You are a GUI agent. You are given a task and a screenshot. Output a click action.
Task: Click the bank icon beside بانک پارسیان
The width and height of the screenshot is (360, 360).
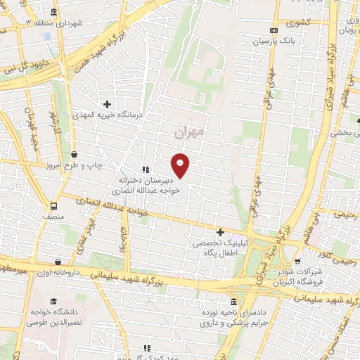273,30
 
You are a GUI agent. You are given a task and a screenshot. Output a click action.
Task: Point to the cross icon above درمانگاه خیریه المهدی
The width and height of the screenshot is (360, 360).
106,103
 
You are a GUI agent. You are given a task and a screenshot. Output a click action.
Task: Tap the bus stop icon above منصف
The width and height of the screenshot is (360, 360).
54,206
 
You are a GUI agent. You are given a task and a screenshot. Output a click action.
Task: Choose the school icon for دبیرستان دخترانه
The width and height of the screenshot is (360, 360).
145,169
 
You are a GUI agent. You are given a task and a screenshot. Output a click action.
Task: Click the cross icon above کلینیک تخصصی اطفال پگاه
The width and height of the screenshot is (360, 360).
220,231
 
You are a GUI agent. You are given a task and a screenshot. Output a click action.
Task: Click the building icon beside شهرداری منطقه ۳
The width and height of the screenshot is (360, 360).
55,13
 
